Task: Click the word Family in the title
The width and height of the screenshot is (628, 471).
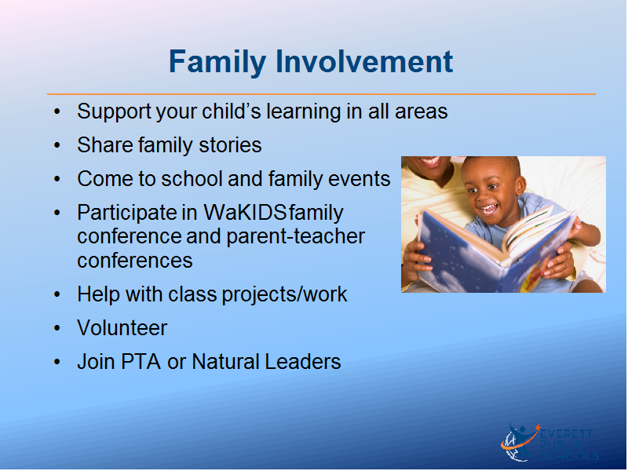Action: click(x=217, y=62)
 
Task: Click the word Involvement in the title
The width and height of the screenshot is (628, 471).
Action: click(x=364, y=61)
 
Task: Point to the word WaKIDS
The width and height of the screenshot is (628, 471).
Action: click(x=245, y=212)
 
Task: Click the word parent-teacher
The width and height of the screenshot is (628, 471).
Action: click(x=296, y=236)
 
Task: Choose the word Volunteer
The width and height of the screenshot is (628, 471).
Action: click(x=122, y=328)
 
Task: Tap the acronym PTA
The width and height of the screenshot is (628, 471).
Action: click(x=141, y=362)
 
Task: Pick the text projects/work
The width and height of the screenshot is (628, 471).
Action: click(x=284, y=295)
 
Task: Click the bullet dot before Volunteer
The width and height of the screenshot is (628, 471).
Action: click(x=57, y=328)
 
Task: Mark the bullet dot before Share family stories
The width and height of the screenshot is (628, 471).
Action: click(x=57, y=145)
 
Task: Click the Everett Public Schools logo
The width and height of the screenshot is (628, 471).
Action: click(x=549, y=443)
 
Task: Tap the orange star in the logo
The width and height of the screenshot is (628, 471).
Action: click(x=538, y=427)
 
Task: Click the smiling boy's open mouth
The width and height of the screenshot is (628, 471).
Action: click(x=489, y=209)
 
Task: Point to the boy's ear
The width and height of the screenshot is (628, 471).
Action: click(x=520, y=185)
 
